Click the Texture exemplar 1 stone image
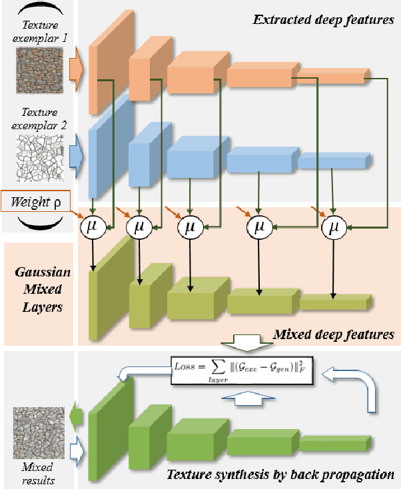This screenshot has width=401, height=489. tap(38, 68)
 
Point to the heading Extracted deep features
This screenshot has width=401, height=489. tap(323, 19)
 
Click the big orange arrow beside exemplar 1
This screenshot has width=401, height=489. tap(76, 68)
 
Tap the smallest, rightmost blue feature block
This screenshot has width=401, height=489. tap(334, 161)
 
